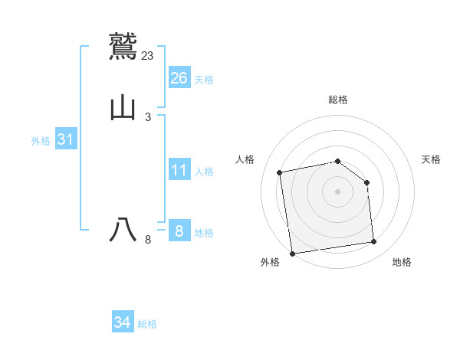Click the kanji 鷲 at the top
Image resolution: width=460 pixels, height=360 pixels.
123,44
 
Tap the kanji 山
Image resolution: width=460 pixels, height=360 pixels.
123,108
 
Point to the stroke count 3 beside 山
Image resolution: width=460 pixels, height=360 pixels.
148,117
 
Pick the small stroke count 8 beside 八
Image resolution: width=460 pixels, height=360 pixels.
148,241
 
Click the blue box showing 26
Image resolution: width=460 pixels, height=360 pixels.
179,78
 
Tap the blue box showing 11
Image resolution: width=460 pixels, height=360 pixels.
179,170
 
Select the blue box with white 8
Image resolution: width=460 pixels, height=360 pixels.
179,231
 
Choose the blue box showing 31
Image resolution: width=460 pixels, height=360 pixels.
66,139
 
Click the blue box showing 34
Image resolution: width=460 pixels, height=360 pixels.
123,322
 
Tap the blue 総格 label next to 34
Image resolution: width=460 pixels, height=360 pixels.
148,324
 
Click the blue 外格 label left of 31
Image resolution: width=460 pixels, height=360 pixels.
41,141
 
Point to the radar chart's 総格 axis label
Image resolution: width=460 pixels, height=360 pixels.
338,100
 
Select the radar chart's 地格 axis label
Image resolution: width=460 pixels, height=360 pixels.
402,263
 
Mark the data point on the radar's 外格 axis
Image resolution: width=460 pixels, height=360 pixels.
292,254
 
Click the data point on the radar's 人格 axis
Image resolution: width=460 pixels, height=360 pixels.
280,172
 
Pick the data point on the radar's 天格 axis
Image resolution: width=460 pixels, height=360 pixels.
366,182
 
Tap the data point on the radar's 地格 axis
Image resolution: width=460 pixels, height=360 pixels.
374,242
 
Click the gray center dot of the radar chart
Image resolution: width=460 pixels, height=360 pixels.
338,191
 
